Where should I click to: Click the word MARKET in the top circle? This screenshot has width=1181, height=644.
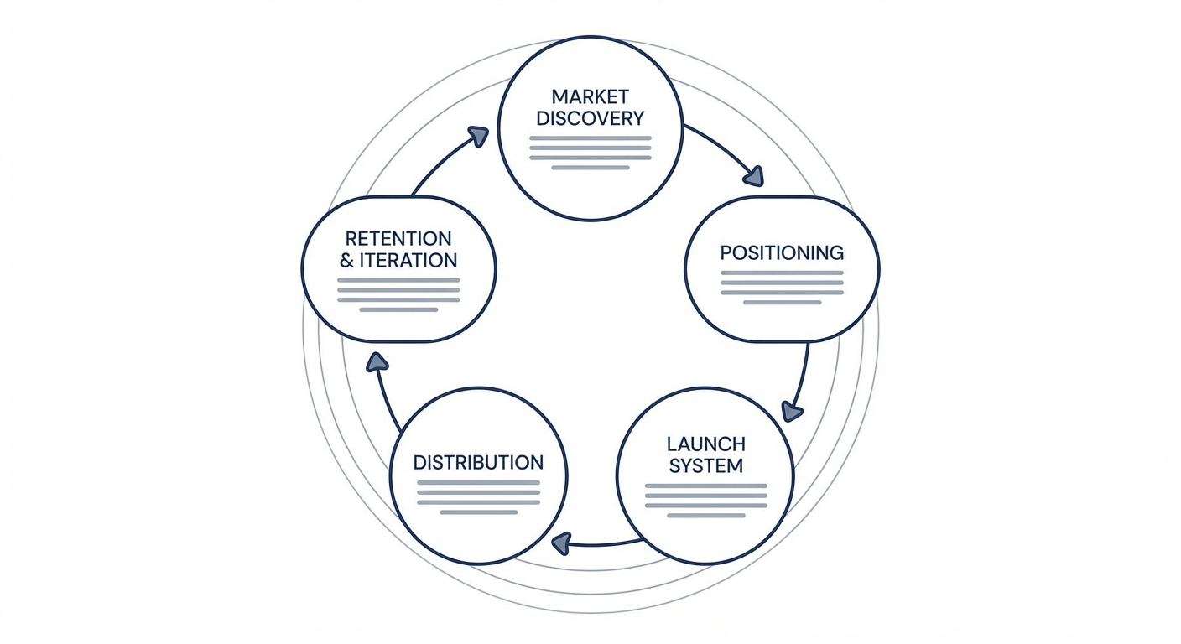pyautogui.click(x=590, y=96)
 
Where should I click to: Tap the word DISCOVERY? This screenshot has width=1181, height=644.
pyautogui.click(x=590, y=118)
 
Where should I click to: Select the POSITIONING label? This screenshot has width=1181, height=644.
pyautogui.click(x=782, y=252)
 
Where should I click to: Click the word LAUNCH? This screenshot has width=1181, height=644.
pyautogui.click(x=705, y=444)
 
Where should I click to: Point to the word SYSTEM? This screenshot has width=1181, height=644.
pyautogui.click(x=705, y=465)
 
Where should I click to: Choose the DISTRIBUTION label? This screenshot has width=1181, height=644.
pyautogui.click(x=478, y=462)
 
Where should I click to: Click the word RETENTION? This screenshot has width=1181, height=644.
pyautogui.click(x=398, y=239)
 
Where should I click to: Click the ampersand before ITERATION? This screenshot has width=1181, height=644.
pyautogui.click(x=347, y=261)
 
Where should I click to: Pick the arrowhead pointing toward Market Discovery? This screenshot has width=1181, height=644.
pyautogui.click(x=478, y=136)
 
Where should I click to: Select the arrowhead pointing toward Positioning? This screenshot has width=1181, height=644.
pyautogui.click(x=754, y=176)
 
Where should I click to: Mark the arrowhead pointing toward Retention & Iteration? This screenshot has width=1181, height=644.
pyautogui.click(x=377, y=361)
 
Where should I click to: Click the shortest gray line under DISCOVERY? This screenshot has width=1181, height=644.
pyautogui.click(x=590, y=168)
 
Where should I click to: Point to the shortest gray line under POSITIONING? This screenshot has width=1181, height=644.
pyautogui.click(x=782, y=302)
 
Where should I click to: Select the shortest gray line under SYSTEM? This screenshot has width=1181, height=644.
pyautogui.click(x=705, y=516)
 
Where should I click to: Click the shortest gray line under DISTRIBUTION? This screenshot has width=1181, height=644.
pyautogui.click(x=478, y=512)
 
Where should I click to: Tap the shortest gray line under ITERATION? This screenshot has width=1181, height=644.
pyautogui.click(x=398, y=309)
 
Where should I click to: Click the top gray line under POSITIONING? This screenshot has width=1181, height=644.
pyautogui.click(x=782, y=273)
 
